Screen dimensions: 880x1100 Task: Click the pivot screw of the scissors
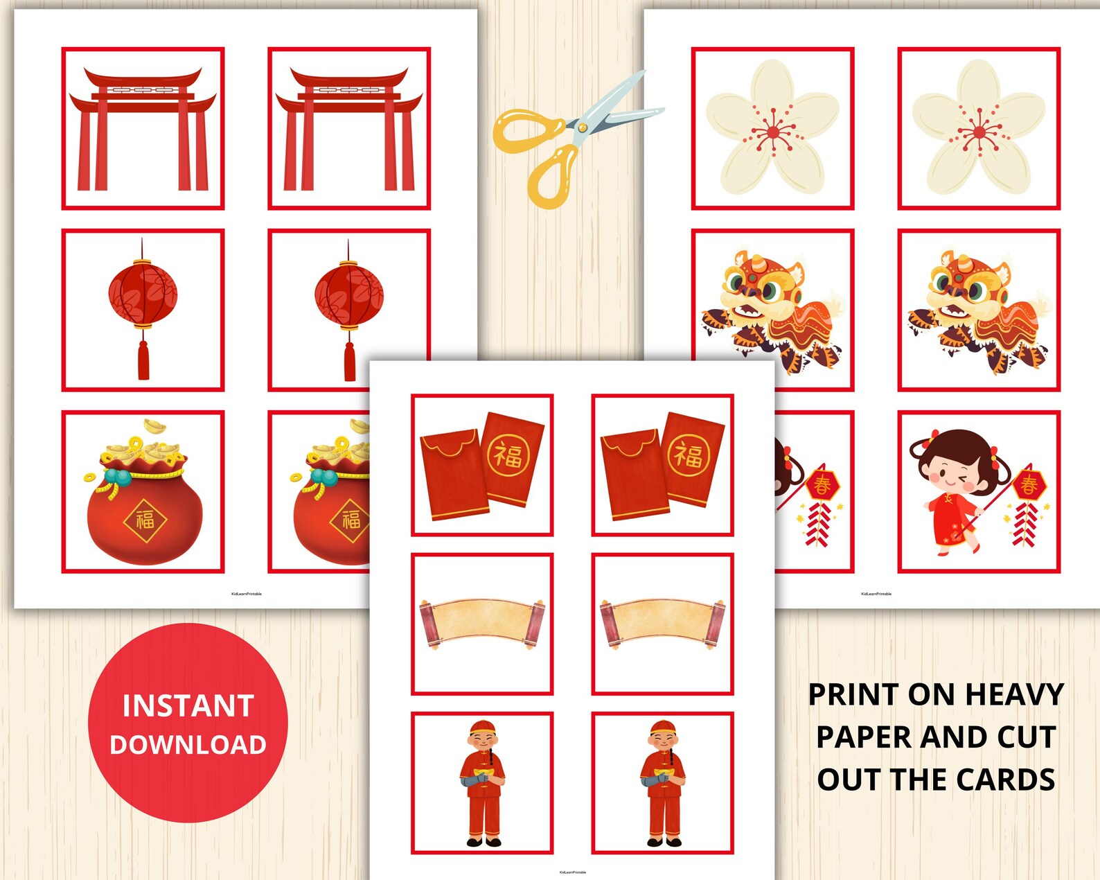coord(582,127)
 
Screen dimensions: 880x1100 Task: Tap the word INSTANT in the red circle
coord(188,706)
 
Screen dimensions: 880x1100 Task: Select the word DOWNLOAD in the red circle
coord(188,745)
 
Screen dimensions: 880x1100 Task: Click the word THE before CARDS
coord(920,780)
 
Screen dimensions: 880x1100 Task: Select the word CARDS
coord(1007,780)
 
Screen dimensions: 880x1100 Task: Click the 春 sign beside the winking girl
coord(1029,484)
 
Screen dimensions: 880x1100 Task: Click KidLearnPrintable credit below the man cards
coord(573,872)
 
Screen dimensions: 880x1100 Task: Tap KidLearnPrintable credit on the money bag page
coord(247,594)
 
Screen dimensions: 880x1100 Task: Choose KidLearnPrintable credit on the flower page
coord(876,594)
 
